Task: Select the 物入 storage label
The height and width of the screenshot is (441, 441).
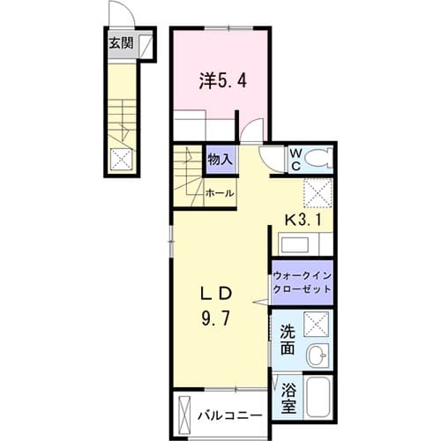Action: coord(220,160)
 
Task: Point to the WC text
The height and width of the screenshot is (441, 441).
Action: coord(297,159)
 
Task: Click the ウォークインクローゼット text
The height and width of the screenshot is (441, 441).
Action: coord(303,281)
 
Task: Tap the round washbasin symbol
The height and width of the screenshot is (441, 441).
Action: coord(318,358)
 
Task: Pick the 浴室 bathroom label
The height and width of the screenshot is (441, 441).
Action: coord(288,398)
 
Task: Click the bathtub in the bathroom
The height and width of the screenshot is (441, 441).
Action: coord(318,398)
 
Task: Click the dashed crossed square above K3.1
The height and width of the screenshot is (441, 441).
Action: coord(316,191)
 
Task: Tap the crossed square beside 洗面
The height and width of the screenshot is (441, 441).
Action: coord(318,325)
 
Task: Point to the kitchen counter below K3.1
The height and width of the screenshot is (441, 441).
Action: coord(303,243)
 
